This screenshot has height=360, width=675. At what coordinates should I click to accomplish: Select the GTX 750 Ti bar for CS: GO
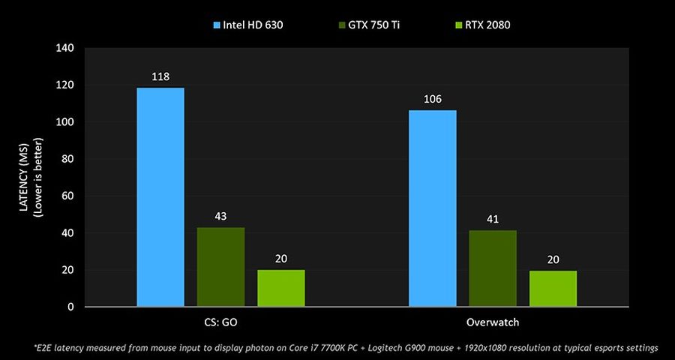[221, 267]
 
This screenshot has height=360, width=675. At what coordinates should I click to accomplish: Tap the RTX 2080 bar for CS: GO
[281, 288]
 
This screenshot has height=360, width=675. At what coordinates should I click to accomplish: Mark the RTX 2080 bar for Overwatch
[553, 288]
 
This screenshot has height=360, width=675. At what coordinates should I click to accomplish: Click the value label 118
[160, 76]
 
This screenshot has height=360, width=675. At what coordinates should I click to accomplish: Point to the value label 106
[433, 99]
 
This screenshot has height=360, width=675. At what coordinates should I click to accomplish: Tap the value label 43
[221, 216]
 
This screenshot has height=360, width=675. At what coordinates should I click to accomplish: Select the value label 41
[493, 219]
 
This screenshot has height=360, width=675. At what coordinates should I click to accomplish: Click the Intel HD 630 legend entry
[252, 25]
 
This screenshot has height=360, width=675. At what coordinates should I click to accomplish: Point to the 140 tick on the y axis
[65, 49]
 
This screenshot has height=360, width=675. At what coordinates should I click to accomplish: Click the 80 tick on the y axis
[68, 159]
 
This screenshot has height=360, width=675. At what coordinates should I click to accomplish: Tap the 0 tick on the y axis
[71, 307]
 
